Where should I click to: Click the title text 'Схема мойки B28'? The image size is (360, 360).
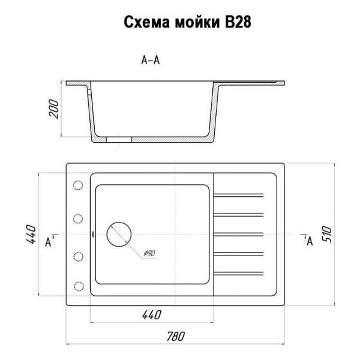(x=187, y=22)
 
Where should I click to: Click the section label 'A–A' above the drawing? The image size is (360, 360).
(x=150, y=59)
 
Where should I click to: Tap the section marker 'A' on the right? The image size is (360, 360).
(x=310, y=241)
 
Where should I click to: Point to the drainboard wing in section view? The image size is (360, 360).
(x=252, y=82)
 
